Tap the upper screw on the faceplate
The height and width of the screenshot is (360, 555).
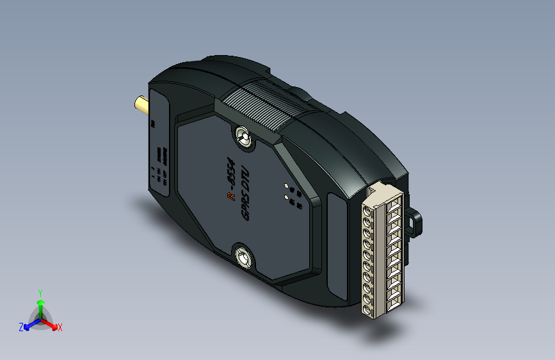(243, 136)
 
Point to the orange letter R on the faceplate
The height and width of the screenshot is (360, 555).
(230, 197)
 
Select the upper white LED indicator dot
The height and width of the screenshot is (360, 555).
(287, 186)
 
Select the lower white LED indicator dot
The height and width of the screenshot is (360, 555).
(287, 198)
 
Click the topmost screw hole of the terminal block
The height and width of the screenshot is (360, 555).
(367, 210)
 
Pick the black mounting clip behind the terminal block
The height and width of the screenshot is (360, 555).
(416, 221)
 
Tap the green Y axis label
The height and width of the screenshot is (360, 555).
(40, 292)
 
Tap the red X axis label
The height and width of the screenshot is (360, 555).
(60, 328)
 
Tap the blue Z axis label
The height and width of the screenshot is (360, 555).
(21, 327)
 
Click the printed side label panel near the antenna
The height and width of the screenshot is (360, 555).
(159, 147)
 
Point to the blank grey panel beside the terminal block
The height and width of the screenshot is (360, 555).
(335, 247)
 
